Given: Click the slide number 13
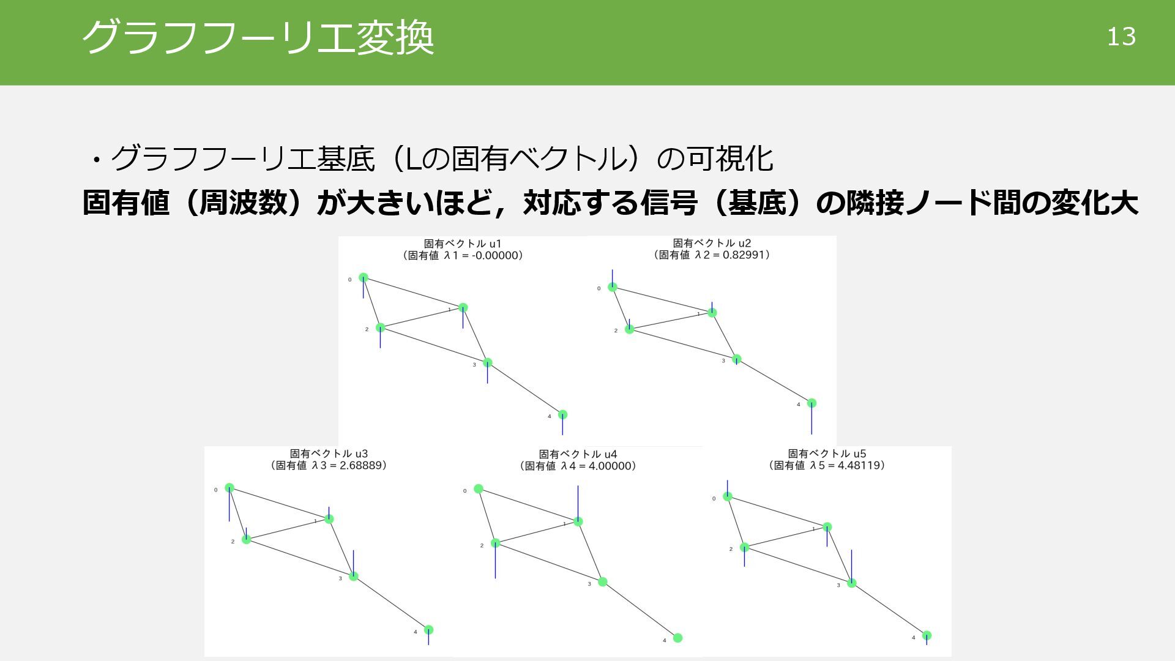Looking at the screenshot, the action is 1121,37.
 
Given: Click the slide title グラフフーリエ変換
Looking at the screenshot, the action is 258,37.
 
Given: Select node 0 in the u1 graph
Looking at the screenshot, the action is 363,277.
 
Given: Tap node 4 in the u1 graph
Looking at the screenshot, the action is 562,414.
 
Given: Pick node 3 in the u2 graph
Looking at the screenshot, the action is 737,359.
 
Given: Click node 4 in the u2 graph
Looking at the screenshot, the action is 811,403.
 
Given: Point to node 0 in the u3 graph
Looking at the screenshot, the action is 229,488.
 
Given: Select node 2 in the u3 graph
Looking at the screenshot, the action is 246,539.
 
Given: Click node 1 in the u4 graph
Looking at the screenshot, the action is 578,521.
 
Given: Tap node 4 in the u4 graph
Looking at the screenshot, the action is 677,638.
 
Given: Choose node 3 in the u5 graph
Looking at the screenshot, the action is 851,583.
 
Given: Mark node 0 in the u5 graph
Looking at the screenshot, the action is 728,496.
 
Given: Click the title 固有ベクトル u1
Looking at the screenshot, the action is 463,244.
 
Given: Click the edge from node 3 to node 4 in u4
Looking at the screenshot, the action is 640,610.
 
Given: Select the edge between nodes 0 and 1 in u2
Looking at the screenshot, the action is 662,300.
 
